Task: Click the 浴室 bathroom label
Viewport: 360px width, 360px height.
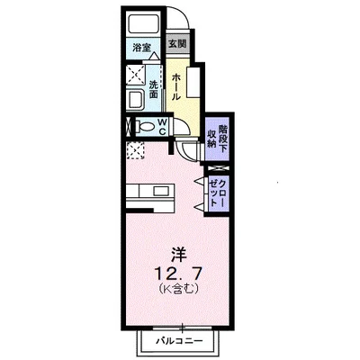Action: coord(141,45)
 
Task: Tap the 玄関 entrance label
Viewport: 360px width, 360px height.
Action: coord(177,43)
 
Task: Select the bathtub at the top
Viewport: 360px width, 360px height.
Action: coord(142,24)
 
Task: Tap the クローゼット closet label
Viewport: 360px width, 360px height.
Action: coord(217,192)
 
